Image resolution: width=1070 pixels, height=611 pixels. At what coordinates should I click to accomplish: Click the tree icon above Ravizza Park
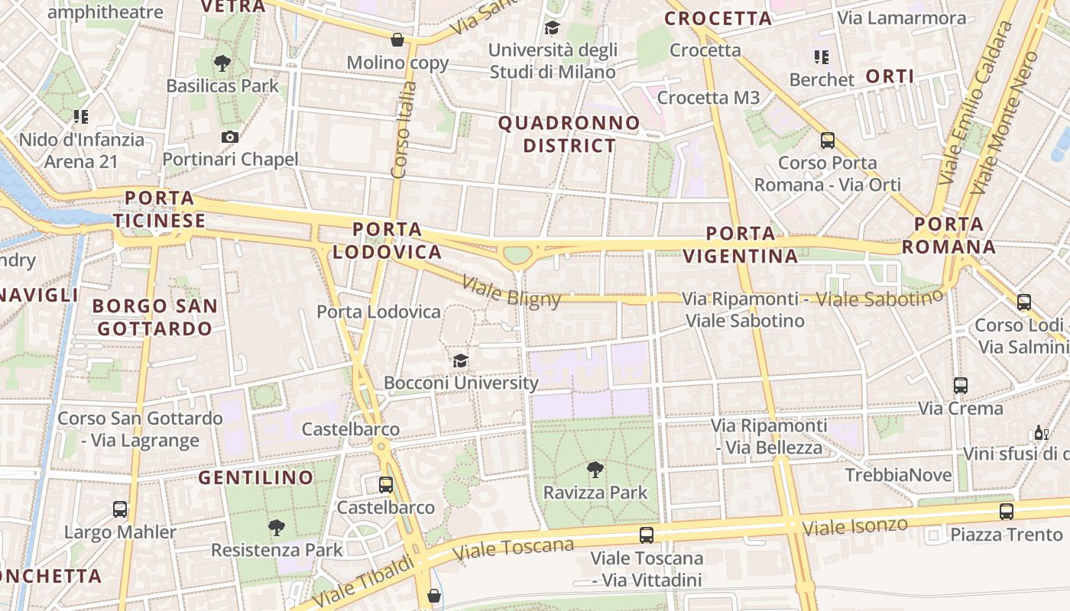coord(595,469)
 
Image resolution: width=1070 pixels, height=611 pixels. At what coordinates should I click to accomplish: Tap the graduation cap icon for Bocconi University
coord(460,360)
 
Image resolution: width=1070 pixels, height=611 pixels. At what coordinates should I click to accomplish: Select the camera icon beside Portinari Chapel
coord(229,137)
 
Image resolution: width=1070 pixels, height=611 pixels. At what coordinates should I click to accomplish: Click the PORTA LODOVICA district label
coord(387,241)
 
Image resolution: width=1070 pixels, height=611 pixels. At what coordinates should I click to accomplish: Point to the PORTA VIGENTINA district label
coord(741,244)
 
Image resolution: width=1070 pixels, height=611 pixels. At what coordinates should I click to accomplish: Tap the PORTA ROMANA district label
coord(948,235)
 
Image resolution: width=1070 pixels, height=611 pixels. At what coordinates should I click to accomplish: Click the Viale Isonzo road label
coord(854,526)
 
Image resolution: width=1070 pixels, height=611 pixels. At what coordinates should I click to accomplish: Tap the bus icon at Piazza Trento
coord(1007,511)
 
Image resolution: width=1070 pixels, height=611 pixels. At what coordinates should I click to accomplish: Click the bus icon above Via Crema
coord(961,386)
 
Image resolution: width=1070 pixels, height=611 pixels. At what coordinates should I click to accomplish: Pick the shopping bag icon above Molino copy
coord(397,40)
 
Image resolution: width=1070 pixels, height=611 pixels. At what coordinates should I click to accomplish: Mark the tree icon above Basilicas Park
coord(222,63)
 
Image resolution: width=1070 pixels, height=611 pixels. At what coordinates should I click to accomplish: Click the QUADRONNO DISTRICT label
coord(569,134)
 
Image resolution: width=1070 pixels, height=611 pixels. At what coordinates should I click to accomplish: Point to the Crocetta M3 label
coord(708,98)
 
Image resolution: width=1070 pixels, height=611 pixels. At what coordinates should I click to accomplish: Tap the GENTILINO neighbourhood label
coord(256,478)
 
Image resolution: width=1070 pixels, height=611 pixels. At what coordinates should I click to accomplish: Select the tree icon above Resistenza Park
coord(277,527)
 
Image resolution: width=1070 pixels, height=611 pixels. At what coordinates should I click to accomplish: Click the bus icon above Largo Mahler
coord(120,509)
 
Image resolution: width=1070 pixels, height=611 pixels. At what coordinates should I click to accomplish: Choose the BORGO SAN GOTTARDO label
coord(155,317)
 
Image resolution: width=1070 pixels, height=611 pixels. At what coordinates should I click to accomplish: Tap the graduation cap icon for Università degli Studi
coord(552,28)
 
